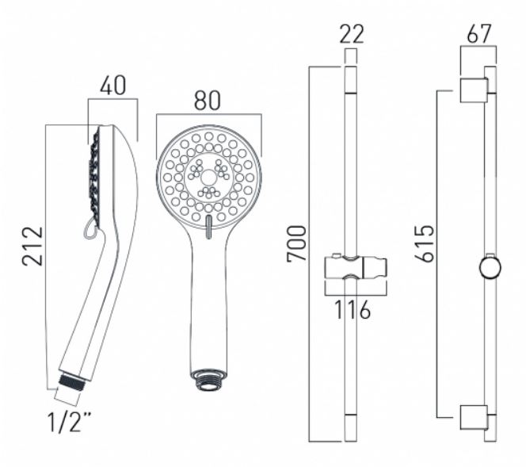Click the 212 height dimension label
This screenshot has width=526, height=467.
33,246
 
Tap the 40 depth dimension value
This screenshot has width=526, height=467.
112,86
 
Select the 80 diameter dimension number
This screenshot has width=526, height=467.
208,101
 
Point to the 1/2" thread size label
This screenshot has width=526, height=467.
69,422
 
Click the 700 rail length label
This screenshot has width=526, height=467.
296,243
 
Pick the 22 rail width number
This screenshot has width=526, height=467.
352,34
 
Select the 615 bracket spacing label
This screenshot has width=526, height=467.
425,243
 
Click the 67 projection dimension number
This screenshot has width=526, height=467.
479,33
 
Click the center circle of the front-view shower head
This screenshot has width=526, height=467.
208,177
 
